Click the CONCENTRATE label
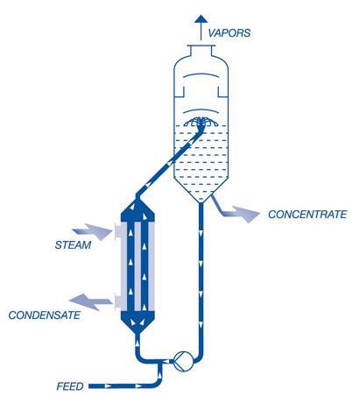[307, 215]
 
